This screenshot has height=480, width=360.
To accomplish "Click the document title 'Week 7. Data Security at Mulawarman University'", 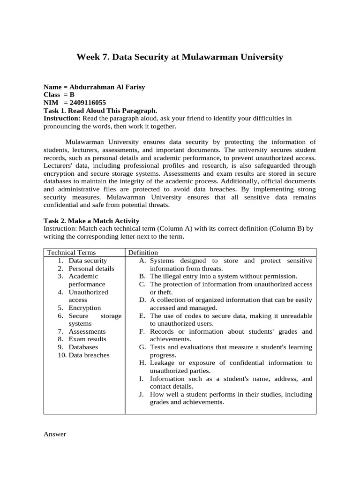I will (180, 57).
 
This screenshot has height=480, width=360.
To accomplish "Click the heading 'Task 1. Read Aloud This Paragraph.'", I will (100, 111).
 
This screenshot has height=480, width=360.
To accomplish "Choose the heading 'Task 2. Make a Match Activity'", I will (91, 221).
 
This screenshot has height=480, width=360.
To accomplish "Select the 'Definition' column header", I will (143, 253).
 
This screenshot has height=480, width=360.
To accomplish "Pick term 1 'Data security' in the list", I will (88, 261).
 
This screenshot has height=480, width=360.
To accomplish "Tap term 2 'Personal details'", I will (91, 269).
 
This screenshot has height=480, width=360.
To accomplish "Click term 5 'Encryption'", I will (84, 308).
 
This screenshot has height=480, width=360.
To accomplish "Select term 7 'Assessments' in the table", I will (87, 331).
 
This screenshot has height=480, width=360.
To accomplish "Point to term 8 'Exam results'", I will (87, 339).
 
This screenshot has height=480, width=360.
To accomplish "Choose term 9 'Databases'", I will (83, 347).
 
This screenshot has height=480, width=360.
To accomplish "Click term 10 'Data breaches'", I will (89, 355).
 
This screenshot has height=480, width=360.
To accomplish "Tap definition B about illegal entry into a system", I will (223, 277).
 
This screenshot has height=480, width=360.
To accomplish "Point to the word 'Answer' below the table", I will (55, 434).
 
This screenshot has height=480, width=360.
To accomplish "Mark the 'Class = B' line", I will (59, 95).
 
